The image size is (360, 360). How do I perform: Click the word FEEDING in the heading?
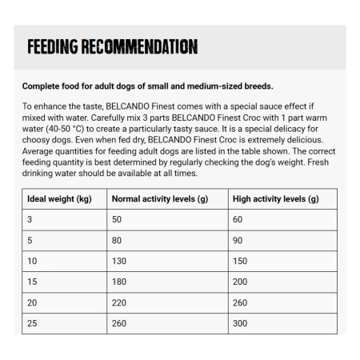(54, 46)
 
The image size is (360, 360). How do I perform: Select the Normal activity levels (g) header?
(159, 198)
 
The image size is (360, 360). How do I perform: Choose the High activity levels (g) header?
(275, 198)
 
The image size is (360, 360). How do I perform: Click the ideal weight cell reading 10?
(33, 261)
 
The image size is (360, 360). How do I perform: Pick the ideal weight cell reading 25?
(33, 323)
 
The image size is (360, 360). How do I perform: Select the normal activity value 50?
(117, 219)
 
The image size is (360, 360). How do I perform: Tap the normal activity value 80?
(117, 240)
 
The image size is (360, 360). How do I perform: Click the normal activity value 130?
(119, 261)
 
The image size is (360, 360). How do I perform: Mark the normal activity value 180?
(119, 282)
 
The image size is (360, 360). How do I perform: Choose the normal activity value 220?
(119, 302)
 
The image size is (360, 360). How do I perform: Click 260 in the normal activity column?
(119, 323)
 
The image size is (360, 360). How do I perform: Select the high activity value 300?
(240, 323)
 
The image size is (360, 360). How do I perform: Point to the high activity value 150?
(240, 261)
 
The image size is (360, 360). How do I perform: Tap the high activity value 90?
(238, 240)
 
